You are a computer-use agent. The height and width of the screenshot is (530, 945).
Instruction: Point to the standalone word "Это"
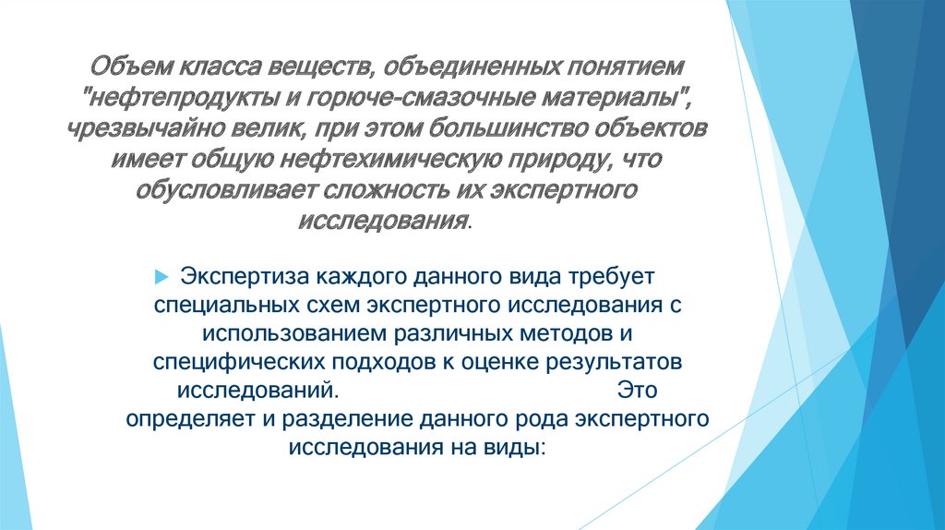(x=638, y=389)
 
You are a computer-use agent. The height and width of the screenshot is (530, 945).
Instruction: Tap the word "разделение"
(x=337, y=418)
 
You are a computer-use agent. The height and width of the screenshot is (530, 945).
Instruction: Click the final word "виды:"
(x=520, y=446)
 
